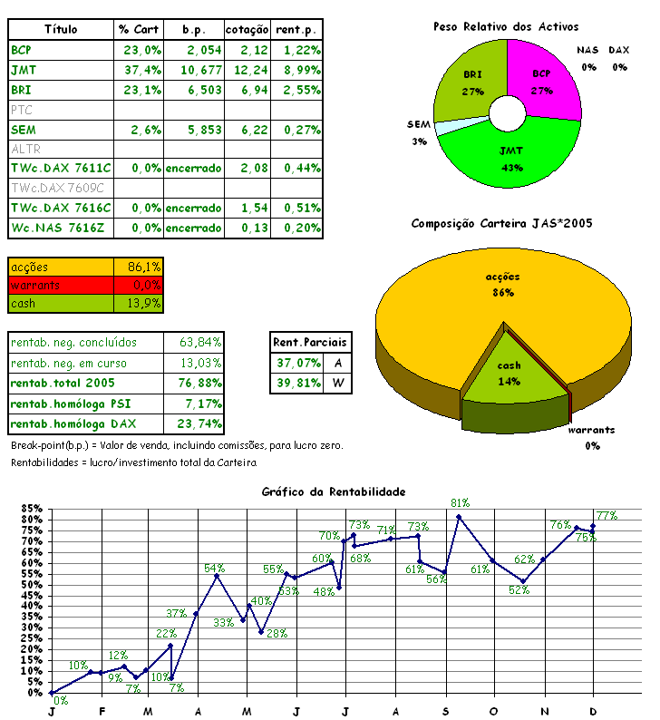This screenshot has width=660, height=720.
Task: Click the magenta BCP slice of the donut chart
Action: [x=547, y=76]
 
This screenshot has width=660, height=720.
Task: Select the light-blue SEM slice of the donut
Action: [x=442, y=127]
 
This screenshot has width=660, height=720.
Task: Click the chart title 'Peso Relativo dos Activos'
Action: [x=506, y=27]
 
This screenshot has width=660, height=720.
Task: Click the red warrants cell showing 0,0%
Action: [x=139, y=285]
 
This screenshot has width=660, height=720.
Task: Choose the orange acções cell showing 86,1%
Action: [x=139, y=267]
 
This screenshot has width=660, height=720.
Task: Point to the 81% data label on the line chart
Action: [x=461, y=502]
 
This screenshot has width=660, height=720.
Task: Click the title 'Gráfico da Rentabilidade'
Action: [x=333, y=491]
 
